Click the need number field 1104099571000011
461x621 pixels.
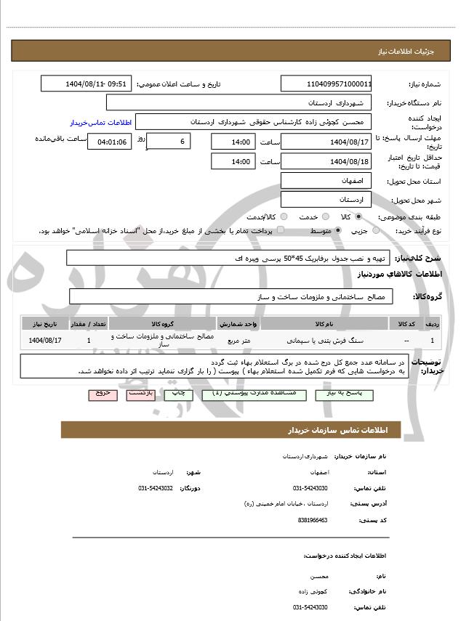pos(326,84)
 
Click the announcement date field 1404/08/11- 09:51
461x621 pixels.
pos(87,84)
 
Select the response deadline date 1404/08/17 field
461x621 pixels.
pos(326,142)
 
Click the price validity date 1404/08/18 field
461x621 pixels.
pos(326,161)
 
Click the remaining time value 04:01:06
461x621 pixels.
pos(109,142)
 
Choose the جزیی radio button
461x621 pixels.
pos(376,231)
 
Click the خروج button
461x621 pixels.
pos(102,393)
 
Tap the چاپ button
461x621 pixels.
pos(179,393)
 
